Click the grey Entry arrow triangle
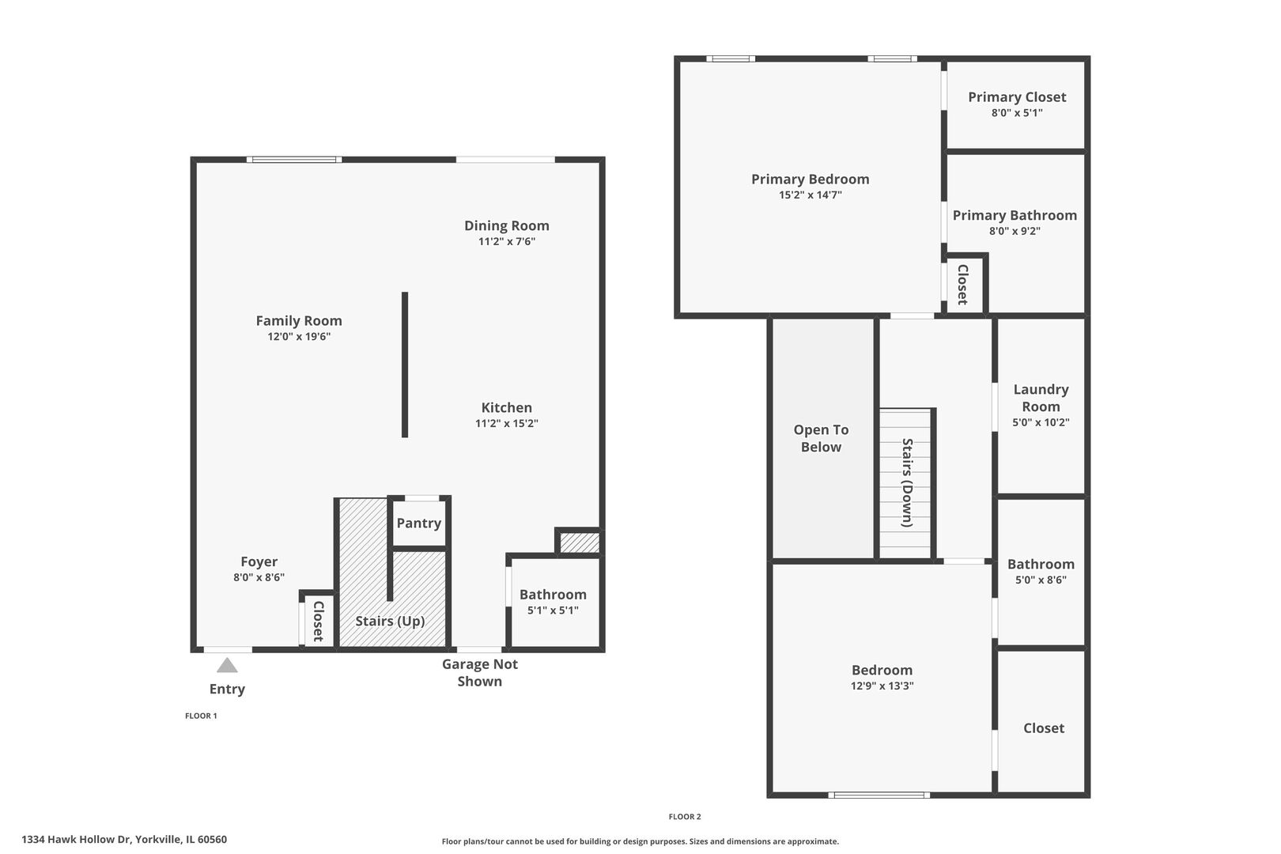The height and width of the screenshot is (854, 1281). click(227, 666)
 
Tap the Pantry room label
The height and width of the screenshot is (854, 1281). click(418, 523)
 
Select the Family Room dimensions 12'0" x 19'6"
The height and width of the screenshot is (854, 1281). click(299, 337)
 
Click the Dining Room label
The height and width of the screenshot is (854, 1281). click(506, 225)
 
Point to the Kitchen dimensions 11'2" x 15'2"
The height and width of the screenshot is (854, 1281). click(506, 424)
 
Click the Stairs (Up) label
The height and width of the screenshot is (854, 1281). click(390, 621)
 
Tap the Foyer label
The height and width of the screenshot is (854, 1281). click(259, 561)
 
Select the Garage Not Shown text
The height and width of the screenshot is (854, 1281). click(479, 673)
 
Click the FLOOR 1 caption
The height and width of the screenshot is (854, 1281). click(201, 716)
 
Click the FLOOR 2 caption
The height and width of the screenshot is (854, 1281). click(685, 817)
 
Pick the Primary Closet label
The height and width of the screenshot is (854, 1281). click(1017, 96)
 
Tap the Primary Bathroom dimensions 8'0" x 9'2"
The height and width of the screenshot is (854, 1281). click(1015, 232)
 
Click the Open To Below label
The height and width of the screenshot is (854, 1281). click(821, 438)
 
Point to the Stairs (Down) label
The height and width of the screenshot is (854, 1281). click(907, 482)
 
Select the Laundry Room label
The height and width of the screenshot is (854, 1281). click(1041, 398)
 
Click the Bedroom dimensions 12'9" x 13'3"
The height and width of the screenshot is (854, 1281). click(882, 686)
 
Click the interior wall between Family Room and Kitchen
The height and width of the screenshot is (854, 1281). click(405, 365)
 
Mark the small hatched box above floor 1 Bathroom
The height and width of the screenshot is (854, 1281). click(580, 542)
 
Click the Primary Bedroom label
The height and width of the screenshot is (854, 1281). click(810, 179)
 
